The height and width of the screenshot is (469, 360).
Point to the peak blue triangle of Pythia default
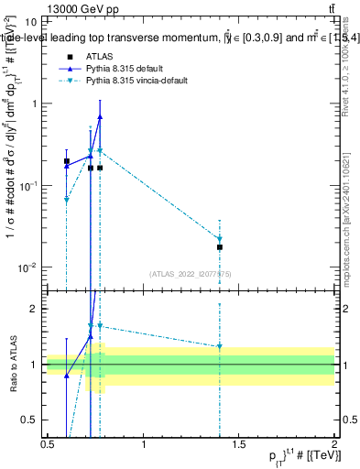tap(100, 116)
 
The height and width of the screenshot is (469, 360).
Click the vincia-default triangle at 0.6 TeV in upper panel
tap(67, 199)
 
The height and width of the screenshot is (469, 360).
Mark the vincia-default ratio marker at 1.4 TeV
tap(220, 346)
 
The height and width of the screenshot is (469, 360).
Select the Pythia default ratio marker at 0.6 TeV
tap(67, 376)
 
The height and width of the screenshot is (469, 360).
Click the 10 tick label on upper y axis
tap(31, 21)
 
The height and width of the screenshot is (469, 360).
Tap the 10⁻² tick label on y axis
tap(28, 267)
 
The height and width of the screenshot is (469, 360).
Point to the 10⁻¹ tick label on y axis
tap(28, 185)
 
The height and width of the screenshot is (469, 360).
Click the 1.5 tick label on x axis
tap(239, 446)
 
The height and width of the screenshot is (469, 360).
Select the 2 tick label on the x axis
tap(334, 446)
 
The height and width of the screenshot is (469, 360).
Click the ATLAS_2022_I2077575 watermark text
tap(191, 273)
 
